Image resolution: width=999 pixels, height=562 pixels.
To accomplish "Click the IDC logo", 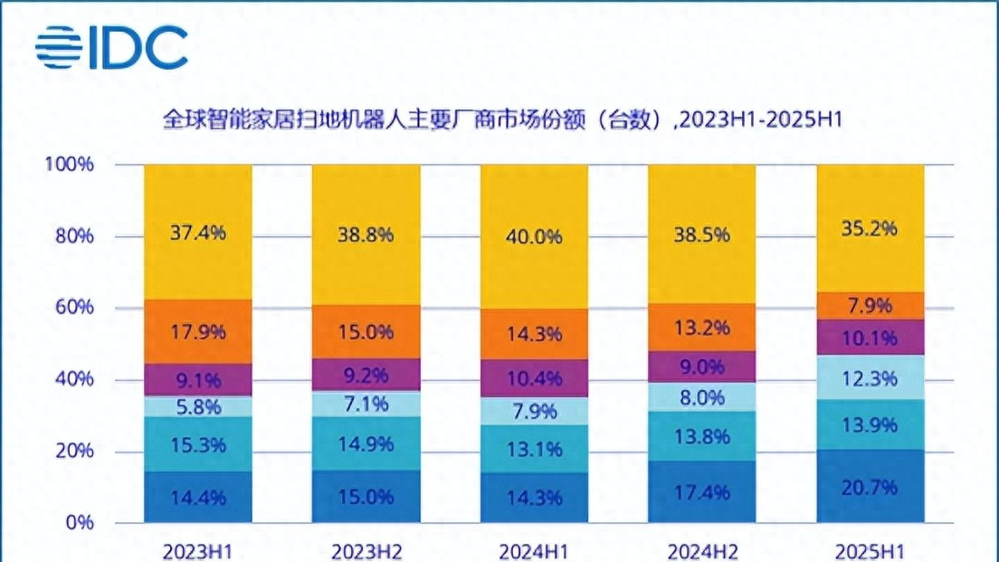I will click(x=112, y=48).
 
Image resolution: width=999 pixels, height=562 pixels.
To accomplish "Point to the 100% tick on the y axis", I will click(x=69, y=165).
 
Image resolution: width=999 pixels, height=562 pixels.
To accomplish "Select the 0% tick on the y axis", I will click(x=80, y=522).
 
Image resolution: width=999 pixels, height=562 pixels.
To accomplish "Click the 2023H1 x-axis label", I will click(x=197, y=551).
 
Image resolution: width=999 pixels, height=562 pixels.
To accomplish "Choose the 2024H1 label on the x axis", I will click(x=533, y=551).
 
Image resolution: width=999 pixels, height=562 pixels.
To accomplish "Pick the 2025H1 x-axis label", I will click(x=870, y=551).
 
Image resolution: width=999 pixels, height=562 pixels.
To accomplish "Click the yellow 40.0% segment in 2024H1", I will click(x=533, y=237).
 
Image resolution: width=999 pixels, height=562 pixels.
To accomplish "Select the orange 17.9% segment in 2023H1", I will click(x=197, y=331).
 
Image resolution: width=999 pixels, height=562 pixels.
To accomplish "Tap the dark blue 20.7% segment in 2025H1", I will click(x=870, y=487).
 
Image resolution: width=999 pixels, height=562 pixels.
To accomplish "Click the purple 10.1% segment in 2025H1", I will click(x=870, y=338).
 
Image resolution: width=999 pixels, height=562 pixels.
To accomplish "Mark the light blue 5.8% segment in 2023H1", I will click(x=197, y=406).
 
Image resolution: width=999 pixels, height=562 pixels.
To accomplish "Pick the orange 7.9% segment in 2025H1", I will click(x=870, y=305).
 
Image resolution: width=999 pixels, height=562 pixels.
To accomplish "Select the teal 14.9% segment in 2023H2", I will click(x=366, y=443).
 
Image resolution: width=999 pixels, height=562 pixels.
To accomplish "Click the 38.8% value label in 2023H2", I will click(x=366, y=233).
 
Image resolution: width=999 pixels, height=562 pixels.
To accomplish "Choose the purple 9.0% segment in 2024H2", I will click(x=701, y=367).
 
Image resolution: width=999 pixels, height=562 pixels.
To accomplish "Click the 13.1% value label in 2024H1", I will click(x=533, y=449).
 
